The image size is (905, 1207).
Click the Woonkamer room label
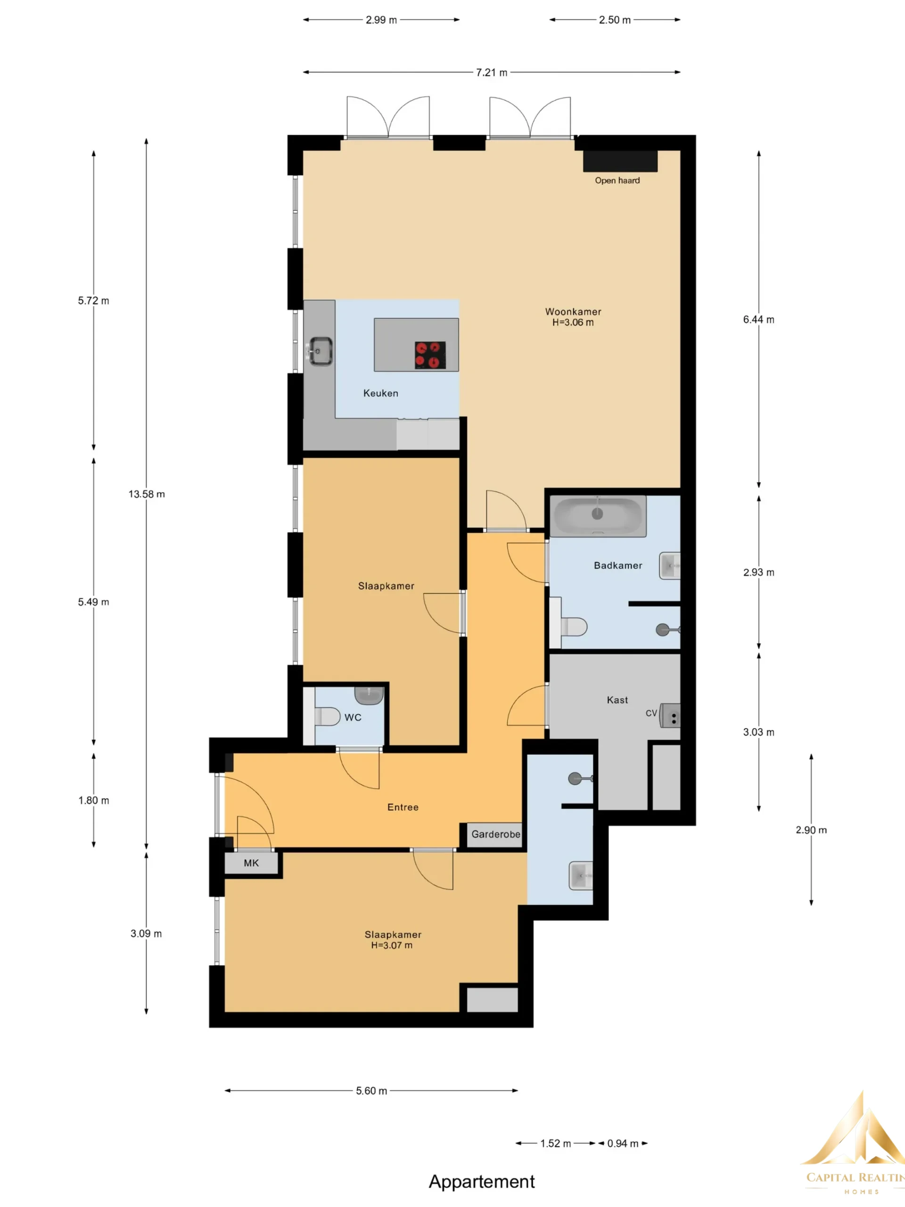click(573, 312)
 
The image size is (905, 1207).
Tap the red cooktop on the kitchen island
click(430, 355)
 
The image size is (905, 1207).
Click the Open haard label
click(617, 181)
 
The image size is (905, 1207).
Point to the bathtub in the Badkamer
click(598, 516)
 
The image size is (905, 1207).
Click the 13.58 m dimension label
click(146, 494)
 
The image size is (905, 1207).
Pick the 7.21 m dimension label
click(492, 72)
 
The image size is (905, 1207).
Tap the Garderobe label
click(495, 835)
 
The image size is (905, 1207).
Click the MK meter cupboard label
click(251, 863)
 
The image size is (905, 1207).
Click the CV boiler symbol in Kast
click(670, 715)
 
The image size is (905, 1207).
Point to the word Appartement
click(482, 1182)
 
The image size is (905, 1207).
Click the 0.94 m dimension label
click(623, 1143)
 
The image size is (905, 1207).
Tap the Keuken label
click(381, 393)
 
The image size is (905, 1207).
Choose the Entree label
click(403, 807)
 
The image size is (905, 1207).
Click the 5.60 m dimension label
click(371, 1091)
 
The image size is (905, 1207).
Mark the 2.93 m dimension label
click(758, 572)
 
